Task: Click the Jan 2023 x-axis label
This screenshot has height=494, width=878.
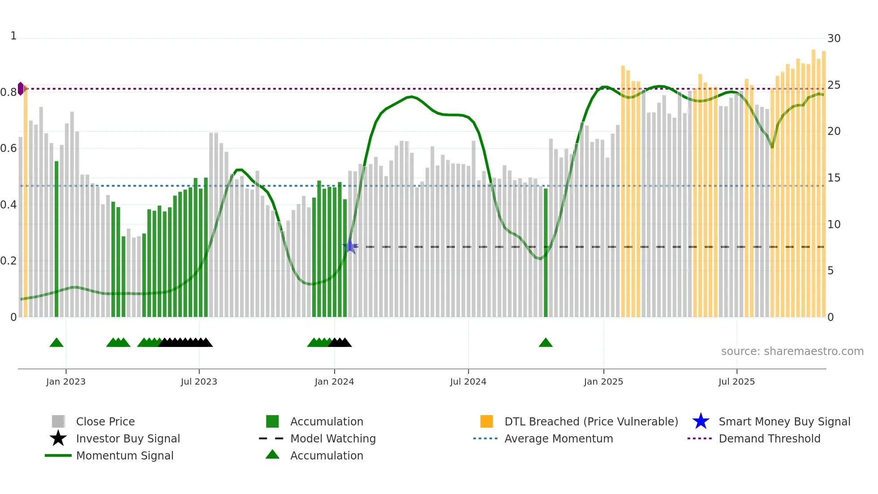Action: [x=65, y=381]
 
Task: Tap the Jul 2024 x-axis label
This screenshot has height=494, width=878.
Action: [x=468, y=381]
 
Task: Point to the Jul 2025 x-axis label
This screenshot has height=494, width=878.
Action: [x=736, y=381]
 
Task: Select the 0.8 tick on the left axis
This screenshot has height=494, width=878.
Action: [x=9, y=92]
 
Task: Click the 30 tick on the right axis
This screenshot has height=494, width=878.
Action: [x=834, y=39]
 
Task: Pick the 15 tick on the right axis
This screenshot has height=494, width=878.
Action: [x=834, y=178]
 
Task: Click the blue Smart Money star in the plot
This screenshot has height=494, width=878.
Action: [x=350, y=247]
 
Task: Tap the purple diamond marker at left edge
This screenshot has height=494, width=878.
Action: [x=21, y=89]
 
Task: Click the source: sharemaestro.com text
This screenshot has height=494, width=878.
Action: [x=792, y=351]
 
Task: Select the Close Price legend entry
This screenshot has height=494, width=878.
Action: [x=105, y=421]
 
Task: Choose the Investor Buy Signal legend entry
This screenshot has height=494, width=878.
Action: [x=128, y=438]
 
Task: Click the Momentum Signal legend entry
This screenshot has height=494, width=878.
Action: [x=125, y=455]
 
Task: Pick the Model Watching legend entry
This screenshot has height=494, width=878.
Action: [x=332, y=438]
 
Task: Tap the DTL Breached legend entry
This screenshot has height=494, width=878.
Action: [x=591, y=421]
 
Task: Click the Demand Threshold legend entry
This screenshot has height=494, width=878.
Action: [x=769, y=438]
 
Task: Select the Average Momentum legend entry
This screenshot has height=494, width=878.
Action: [x=558, y=438]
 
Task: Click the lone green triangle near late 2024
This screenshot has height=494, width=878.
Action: [x=546, y=343]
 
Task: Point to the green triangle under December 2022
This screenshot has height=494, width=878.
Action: [x=56, y=343]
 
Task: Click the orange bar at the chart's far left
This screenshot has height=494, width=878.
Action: [x=26, y=202]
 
